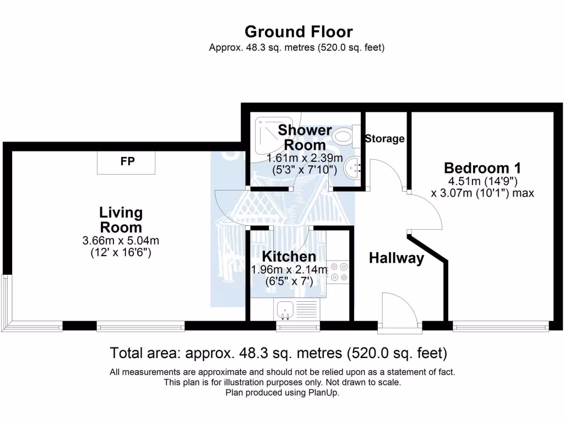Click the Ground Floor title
tap(299, 31)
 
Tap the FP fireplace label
tap(128, 161)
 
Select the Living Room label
tap(121, 220)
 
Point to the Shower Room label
tap(305, 138)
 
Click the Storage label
tap(385, 139)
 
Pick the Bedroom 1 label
tap(482, 168)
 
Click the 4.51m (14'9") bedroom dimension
tap(482, 181)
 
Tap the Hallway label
tap(397, 258)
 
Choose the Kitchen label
tap(289, 256)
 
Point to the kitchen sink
tap(286, 310)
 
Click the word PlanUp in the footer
tap(325, 393)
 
